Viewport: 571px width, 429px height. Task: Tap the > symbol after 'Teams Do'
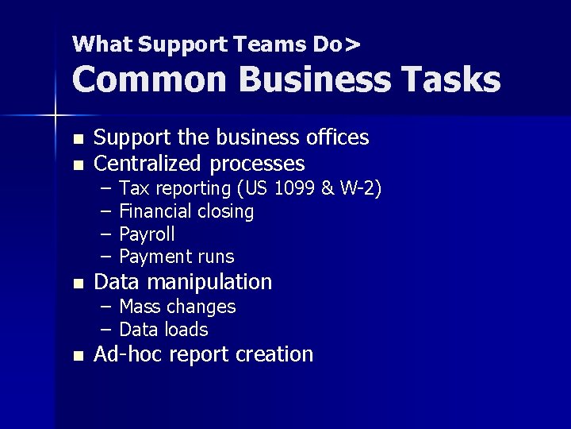[x=352, y=44]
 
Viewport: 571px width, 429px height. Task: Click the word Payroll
[x=147, y=234]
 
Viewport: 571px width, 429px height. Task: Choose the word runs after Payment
[x=217, y=257]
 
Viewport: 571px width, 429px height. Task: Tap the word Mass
[x=136, y=307]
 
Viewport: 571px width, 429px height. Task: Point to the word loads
[x=187, y=330]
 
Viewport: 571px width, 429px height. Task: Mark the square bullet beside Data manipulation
[x=77, y=283]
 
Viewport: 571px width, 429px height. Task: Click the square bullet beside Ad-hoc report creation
[x=77, y=356]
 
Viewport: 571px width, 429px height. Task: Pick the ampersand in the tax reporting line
[x=327, y=188]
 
